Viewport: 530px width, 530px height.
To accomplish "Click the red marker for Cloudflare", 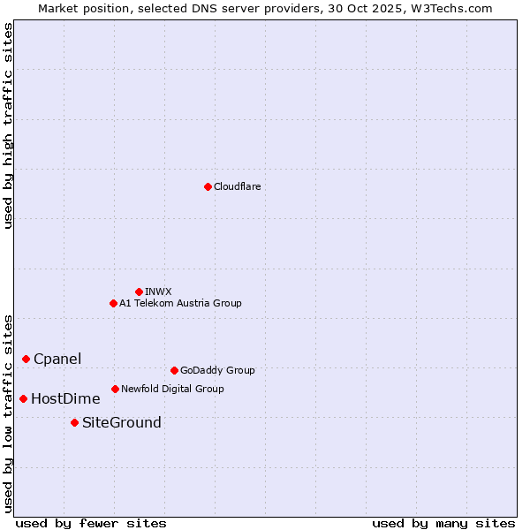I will (208, 186).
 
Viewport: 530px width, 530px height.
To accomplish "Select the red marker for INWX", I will (139, 291).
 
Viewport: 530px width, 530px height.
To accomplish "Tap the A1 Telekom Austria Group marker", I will (113, 303).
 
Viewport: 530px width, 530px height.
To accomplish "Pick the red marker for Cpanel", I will (26, 359).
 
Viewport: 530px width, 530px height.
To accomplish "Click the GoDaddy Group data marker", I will (174, 370).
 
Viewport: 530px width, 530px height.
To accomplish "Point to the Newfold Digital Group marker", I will (115, 389).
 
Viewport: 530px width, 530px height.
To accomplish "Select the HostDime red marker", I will (23, 398).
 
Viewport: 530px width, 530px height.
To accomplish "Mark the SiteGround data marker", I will (74, 422).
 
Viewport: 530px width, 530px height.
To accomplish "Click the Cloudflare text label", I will (237, 186).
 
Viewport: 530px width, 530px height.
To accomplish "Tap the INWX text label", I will (158, 291).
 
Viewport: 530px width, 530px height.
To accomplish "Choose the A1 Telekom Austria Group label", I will (180, 303).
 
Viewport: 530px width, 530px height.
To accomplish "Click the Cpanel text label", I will (57, 359).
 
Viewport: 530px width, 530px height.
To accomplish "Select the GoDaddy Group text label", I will (217, 370).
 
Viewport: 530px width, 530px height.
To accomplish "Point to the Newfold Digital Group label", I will (172, 389).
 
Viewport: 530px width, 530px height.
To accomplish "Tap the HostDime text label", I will (65, 398).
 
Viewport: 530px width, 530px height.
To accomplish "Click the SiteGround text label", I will (122, 422).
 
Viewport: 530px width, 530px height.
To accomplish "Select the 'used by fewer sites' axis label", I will (91, 523).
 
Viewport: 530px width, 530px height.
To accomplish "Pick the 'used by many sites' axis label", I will (443, 523).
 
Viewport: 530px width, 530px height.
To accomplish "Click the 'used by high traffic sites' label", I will (8, 125).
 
